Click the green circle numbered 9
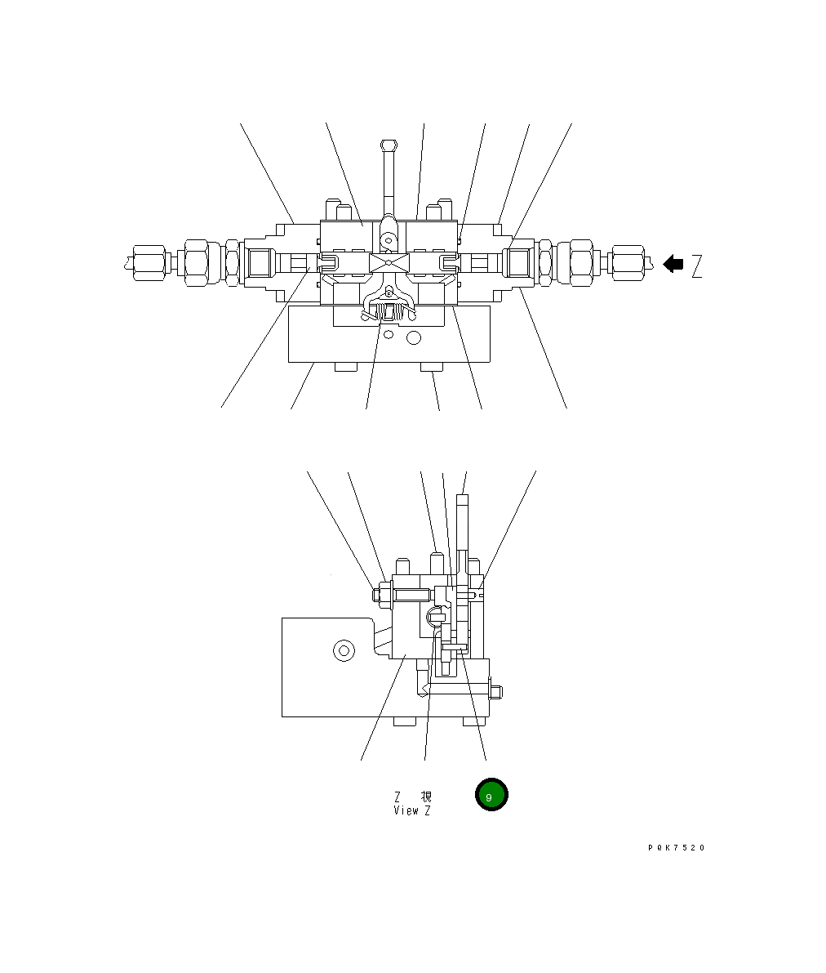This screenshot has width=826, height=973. [x=491, y=795]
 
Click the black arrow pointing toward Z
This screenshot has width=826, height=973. [x=673, y=264]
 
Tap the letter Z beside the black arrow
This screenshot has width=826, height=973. [x=696, y=266]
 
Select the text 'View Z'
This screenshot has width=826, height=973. [x=411, y=810]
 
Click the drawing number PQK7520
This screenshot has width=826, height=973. [x=676, y=848]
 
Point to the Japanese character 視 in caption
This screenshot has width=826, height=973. [x=426, y=797]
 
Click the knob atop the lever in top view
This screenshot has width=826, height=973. [x=389, y=145]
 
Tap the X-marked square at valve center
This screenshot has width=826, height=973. [x=389, y=264]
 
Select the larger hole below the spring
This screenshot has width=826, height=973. [x=414, y=337]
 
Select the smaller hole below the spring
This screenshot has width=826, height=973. [x=389, y=334]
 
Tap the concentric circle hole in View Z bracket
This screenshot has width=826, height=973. [x=344, y=650]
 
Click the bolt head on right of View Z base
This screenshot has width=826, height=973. [x=496, y=692]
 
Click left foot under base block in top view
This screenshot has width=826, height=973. [x=345, y=368]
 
